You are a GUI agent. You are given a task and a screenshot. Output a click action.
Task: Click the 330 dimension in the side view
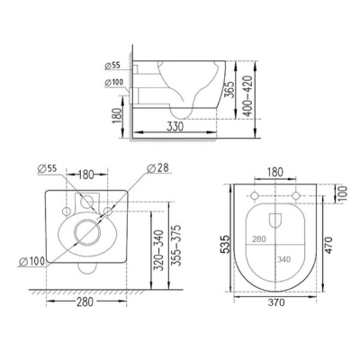point(175,127)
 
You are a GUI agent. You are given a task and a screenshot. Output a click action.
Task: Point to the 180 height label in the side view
point(117,116)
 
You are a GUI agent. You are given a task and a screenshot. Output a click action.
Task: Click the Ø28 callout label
point(157,168)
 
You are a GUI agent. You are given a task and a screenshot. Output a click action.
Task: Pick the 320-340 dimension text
point(158,250)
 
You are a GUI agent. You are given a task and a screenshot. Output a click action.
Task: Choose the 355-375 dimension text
point(176,246)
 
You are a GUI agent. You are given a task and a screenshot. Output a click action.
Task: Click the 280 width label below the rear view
point(85,301)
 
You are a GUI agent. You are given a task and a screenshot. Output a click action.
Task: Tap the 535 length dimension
point(225,245)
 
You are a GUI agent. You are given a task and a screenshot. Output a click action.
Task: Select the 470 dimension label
point(328,245)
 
